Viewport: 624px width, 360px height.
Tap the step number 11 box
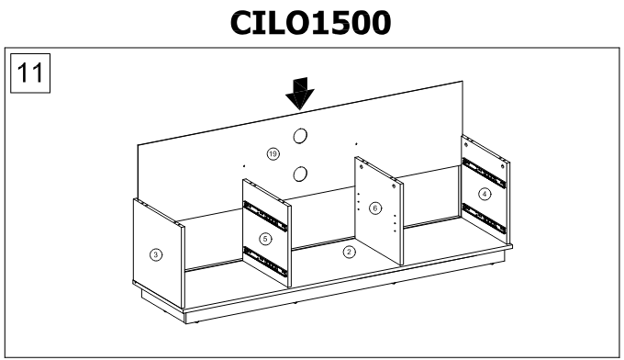click(x=30, y=73)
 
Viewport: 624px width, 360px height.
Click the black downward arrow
click(x=298, y=93)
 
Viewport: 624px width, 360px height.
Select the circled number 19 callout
click(x=272, y=152)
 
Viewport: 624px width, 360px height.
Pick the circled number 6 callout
click(x=374, y=208)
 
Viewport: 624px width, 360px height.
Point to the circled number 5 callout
click(x=265, y=239)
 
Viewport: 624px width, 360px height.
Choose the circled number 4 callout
click(x=485, y=194)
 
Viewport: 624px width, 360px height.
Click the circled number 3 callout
click(x=156, y=253)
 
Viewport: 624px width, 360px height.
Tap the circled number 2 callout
click(x=348, y=251)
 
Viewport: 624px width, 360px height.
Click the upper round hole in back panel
click(x=300, y=138)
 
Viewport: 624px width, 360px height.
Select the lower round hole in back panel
click(x=300, y=174)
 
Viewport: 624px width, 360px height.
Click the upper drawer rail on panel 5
click(x=264, y=215)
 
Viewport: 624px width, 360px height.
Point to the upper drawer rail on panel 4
click(x=484, y=169)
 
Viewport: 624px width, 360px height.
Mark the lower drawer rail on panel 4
click(x=484, y=217)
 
